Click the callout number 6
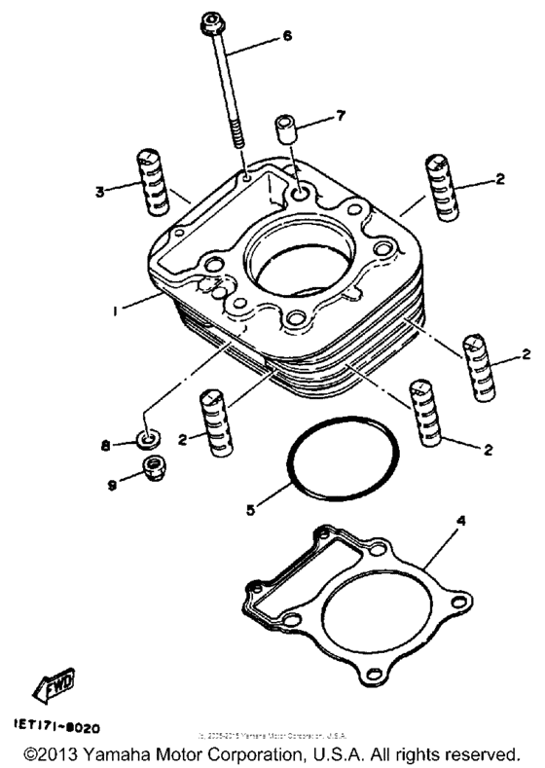(287, 37)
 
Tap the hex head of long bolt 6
(213, 22)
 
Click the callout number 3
(100, 192)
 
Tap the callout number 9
(109, 482)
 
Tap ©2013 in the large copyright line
(51, 753)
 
